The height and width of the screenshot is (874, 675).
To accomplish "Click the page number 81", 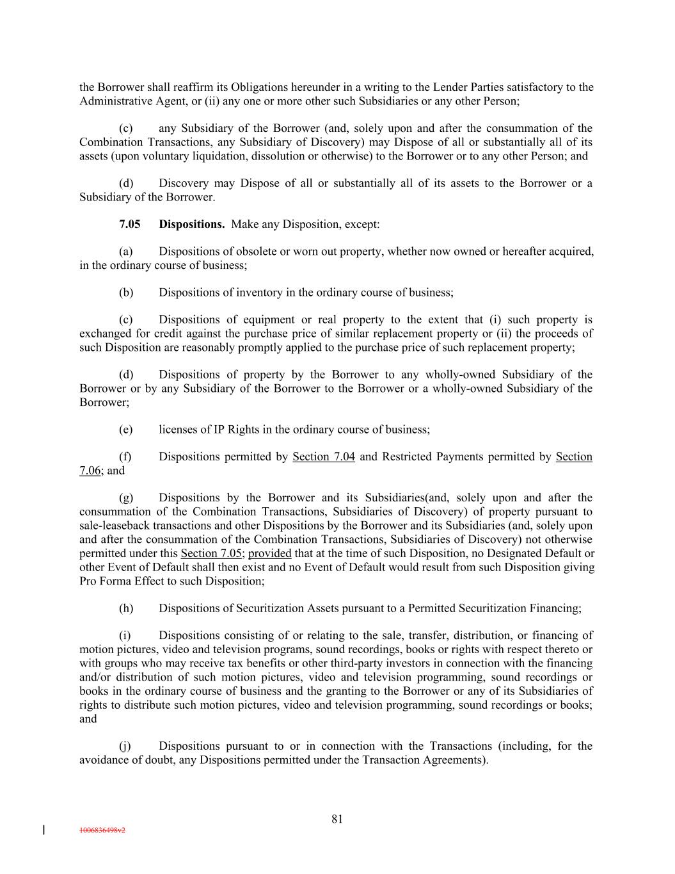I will (x=337, y=819).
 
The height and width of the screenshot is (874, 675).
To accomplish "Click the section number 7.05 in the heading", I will (x=129, y=224).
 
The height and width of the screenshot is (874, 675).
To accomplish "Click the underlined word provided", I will (x=269, y=553).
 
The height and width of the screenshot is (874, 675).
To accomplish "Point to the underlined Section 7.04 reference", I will (x=323, y=457).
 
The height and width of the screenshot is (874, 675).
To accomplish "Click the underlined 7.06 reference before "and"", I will (x=90, y=471).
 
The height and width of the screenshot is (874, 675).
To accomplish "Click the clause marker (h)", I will (x=126, y=608).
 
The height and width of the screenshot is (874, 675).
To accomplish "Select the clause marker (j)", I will (x=125, y=746).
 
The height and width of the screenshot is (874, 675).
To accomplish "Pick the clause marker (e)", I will (x=125, y=430).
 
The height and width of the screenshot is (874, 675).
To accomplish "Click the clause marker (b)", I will (x=126, y=293).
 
